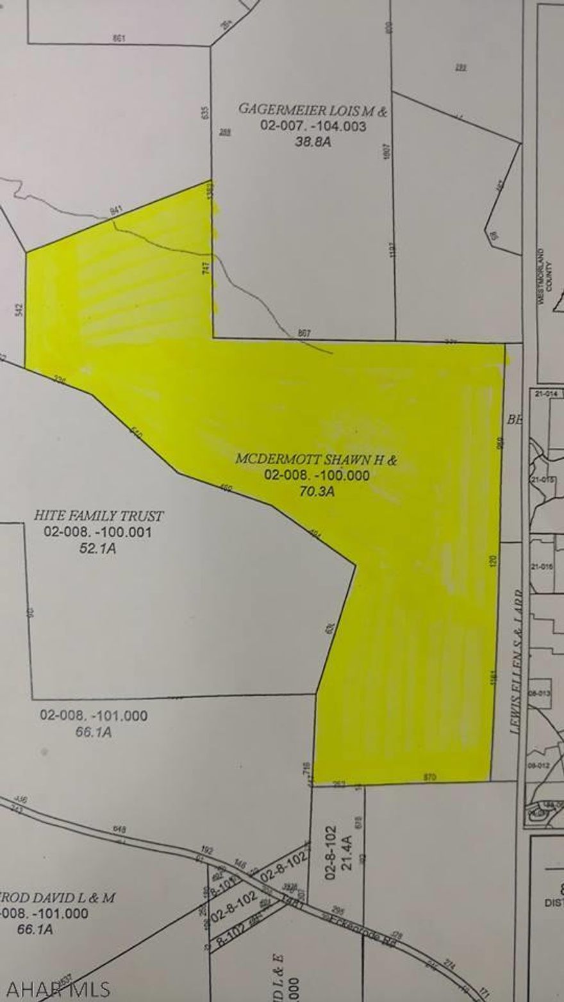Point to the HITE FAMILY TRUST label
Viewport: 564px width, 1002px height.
pyautogui.click(x=99, y=516)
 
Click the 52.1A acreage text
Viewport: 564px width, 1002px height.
pyautogui.click(x=98, y=548)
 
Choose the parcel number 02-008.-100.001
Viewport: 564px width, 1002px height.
pyautogui.click(x=98, y=532)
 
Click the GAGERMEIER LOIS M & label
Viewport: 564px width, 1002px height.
pyautogui.click(x=313, y=110)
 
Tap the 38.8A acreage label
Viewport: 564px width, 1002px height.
pyautogui.click(x=313, y=142)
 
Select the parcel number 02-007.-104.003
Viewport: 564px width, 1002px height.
pyautogui.click(x=313, y=126)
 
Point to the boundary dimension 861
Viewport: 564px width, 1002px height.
pyautogui.click(x=119, y=38)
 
